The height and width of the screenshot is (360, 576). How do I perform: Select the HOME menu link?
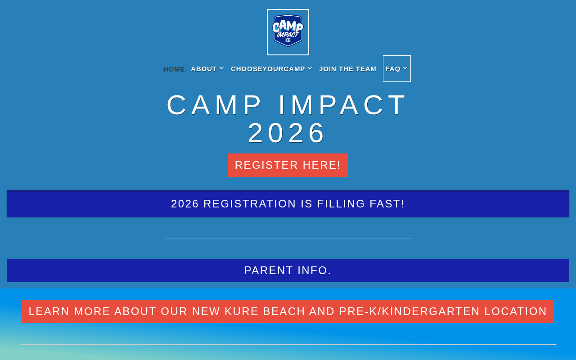(174, 69)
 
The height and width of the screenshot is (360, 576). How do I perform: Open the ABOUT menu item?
(204, 69)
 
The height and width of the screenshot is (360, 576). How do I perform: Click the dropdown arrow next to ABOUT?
(222, 68)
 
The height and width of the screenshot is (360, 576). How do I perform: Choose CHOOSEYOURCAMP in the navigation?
(268, 69)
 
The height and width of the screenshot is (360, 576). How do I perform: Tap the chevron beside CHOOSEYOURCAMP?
(310, 68)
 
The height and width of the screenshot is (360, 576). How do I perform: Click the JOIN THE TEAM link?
(348, 69)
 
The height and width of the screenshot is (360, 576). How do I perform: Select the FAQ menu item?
(393, 69)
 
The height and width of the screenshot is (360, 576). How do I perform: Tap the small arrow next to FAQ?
(405, 68)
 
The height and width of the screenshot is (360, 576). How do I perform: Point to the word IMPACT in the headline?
(342, 105)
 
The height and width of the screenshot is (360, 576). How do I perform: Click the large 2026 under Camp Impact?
(286, 133)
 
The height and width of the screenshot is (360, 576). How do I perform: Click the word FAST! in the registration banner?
(387, 204)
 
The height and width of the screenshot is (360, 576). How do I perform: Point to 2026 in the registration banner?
(185, 204)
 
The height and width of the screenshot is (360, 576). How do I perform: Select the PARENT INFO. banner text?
(288, 270)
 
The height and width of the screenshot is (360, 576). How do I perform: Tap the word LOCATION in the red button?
(516, 311)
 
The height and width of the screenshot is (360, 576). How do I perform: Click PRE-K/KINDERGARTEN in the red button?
(409, 311)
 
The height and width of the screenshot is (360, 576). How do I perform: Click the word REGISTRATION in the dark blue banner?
(250, 204)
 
